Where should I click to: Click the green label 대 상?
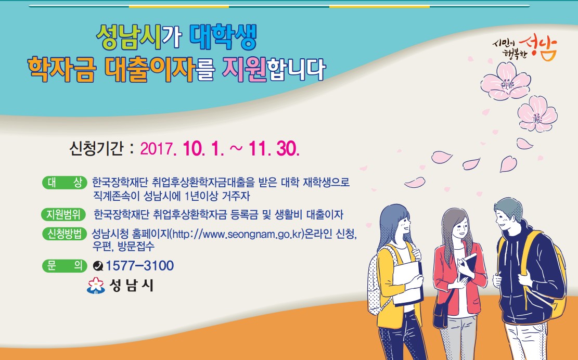point(65,183)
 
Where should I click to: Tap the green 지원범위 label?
point(63,214)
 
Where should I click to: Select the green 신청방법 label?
point(65,234)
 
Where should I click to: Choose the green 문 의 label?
point(65,265)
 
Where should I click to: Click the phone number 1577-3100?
point(140,265)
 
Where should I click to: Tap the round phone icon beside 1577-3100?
point(98,266)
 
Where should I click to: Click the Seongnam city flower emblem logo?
point(96,286)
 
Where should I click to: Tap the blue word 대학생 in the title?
point(223,37)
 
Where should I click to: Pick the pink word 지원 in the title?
point(245,69)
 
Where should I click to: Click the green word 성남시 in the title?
point(129,37)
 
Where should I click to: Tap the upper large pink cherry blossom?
point(505,81)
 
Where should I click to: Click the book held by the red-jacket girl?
point(467,266)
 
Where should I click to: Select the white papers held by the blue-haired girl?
point(407,283)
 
